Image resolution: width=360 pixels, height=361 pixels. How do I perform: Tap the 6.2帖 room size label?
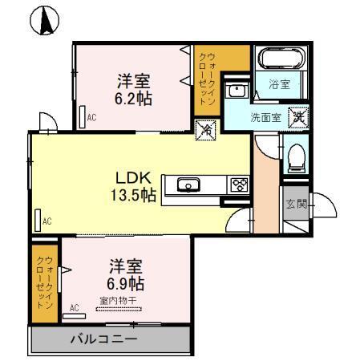[x=134, y=99]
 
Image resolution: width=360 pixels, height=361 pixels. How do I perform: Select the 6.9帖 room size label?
[x=126, y=284]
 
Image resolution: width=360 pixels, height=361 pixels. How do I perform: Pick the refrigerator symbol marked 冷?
[x=205, y=128]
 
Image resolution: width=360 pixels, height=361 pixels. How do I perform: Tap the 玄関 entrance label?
[x=295, y=204]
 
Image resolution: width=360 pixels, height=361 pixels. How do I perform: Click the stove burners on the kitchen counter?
[x=240, y=185]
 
